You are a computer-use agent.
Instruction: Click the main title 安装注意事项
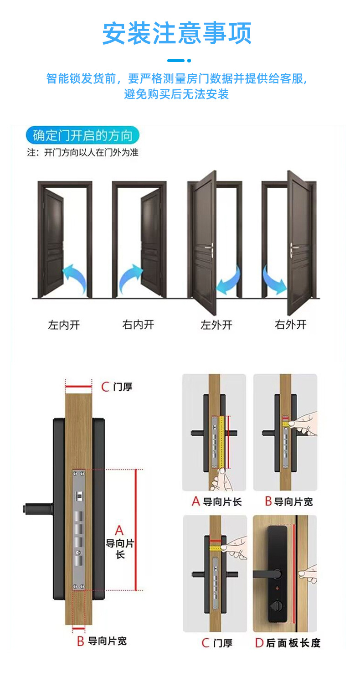pyautogui.click(x=177, y=34)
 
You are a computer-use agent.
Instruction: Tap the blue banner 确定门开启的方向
pyautogui.click(x=82, y=136)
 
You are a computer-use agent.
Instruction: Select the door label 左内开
pyautogui.click(x=64, y=325)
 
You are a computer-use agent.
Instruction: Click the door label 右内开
pyautogui.click(x=138, y=325)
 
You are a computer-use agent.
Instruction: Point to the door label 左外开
pyautogui.click(x=216, y=325)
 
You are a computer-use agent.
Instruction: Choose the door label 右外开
pyautogui.click(x=290, y=325)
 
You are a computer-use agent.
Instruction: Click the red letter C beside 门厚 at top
pyautogui.click(x=105, y=387)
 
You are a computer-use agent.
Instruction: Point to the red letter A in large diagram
pyautogui.click(x=119, y=531)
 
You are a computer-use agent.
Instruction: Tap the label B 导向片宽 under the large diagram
pyautogui.click(x=102, y=641)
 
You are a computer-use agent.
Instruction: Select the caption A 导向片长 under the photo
pyautogui.click(x=216, y=501)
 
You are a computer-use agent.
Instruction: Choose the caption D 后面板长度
pyautogui.click(x=287, y=643)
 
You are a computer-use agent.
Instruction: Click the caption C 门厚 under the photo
pyautogui.click(x=217, y=643)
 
